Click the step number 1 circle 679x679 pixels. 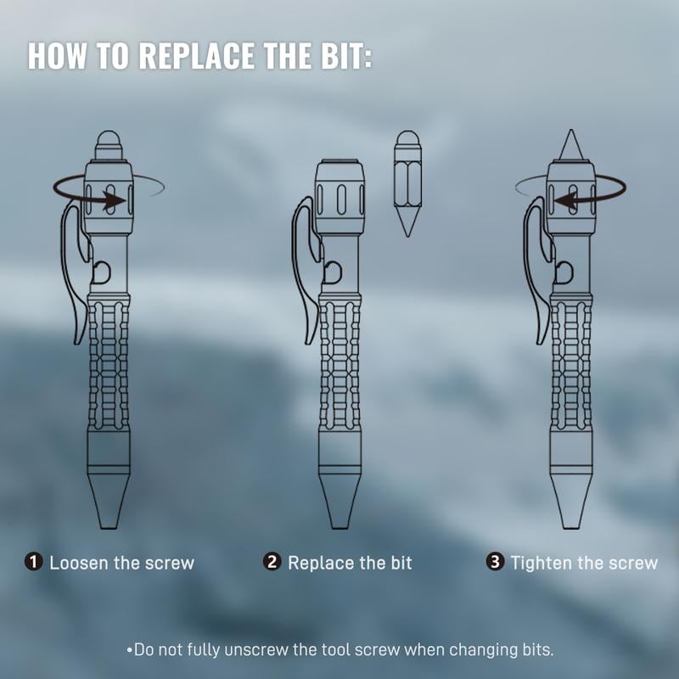[x=34, y=563]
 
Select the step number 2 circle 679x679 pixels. [x=272, y=563]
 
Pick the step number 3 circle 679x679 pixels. [x=495, y=563]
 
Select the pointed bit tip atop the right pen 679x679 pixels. [x=570, y=144]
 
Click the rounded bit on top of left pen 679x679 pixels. [x=109, y=142]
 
